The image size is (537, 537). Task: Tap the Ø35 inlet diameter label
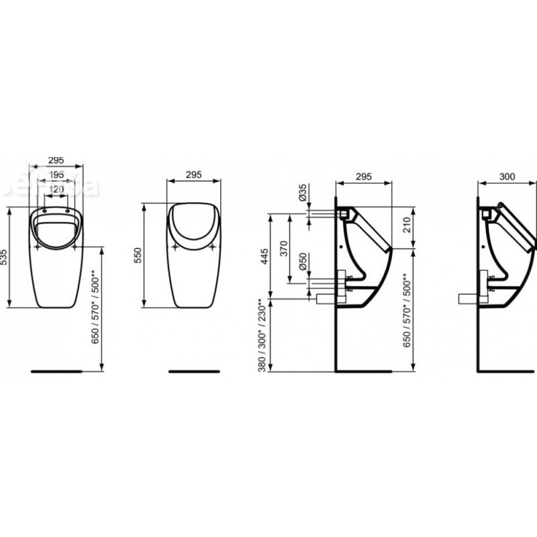pos(303,195)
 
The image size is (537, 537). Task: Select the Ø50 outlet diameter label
pos(303,264)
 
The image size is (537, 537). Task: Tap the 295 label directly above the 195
pos(56,160)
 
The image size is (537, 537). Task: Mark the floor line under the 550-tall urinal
pos(194,371)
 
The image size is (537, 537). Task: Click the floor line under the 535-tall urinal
pos(56,371)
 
